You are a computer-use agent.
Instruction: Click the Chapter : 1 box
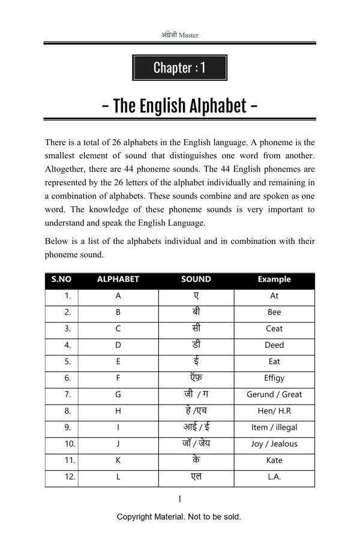click(179, 68)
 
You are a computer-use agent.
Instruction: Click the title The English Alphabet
click(179, 106)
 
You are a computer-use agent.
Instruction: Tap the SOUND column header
click(196, 279)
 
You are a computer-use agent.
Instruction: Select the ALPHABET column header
click(118, 279)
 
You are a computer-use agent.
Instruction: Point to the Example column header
click(274, 279)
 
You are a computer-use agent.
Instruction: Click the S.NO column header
click(61, 279)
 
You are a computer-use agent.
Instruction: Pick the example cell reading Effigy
click(274, 378)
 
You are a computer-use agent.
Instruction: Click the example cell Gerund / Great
click(274, 395)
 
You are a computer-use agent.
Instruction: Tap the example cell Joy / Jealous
click(274, 444)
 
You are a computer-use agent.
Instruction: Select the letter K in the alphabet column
click(118, 460)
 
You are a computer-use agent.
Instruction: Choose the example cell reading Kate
click(274, 460)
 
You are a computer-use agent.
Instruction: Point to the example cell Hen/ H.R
click(274, 411)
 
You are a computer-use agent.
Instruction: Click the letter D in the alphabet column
click(118, 345)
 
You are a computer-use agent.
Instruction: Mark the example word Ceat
click(274, 329)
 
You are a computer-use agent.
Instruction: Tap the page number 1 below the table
click(179, 499)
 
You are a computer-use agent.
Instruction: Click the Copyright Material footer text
click(179, 517)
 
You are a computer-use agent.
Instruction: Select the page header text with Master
click(179, 35)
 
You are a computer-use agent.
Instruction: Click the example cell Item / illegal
click(274, 427)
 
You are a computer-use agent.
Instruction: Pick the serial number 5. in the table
click(68, 362)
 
